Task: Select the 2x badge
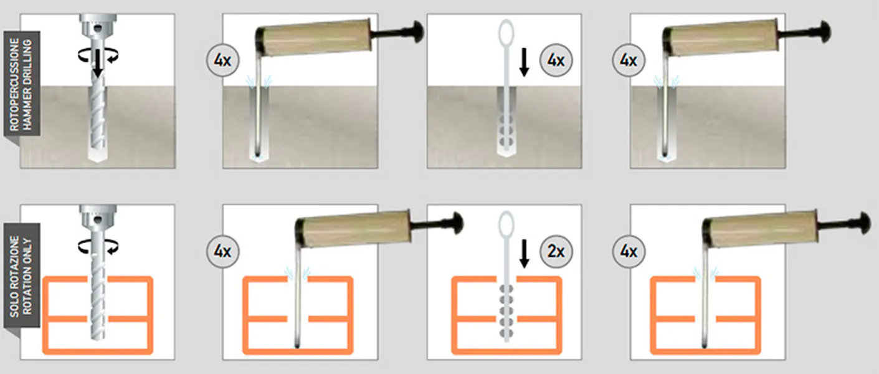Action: coord(556,251)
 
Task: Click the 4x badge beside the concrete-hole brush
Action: coord(556,60)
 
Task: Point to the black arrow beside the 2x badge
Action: coord(525,254)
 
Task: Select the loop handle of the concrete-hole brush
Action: coord(506,33)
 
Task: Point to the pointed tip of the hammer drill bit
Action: coord(98,161)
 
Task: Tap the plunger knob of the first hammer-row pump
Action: coord(416,31)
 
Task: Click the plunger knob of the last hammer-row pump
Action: coord(824,31)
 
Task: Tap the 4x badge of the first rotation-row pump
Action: coord(222,251)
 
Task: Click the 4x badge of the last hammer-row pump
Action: coord(629,60)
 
